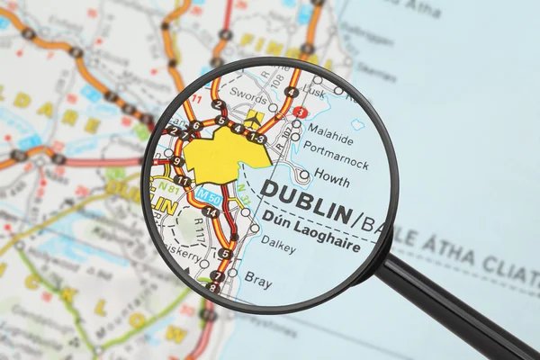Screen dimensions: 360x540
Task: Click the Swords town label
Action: pos(247,93)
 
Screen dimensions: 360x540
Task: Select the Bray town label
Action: pos(258,282)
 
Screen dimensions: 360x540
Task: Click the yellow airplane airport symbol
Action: pos(253,118)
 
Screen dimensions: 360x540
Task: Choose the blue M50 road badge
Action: pos(209,194)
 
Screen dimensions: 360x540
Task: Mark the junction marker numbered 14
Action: pos(211,212)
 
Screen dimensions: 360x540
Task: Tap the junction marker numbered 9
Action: pos(177,162)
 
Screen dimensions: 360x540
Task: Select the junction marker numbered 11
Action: pos(183,181)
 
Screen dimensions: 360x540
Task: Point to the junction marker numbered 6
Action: pos(195,126)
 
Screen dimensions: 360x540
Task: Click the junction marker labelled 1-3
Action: pos(257,138)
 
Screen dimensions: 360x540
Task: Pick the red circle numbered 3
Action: pos(300,112)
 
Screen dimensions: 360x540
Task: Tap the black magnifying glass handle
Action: pos(459,310)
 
